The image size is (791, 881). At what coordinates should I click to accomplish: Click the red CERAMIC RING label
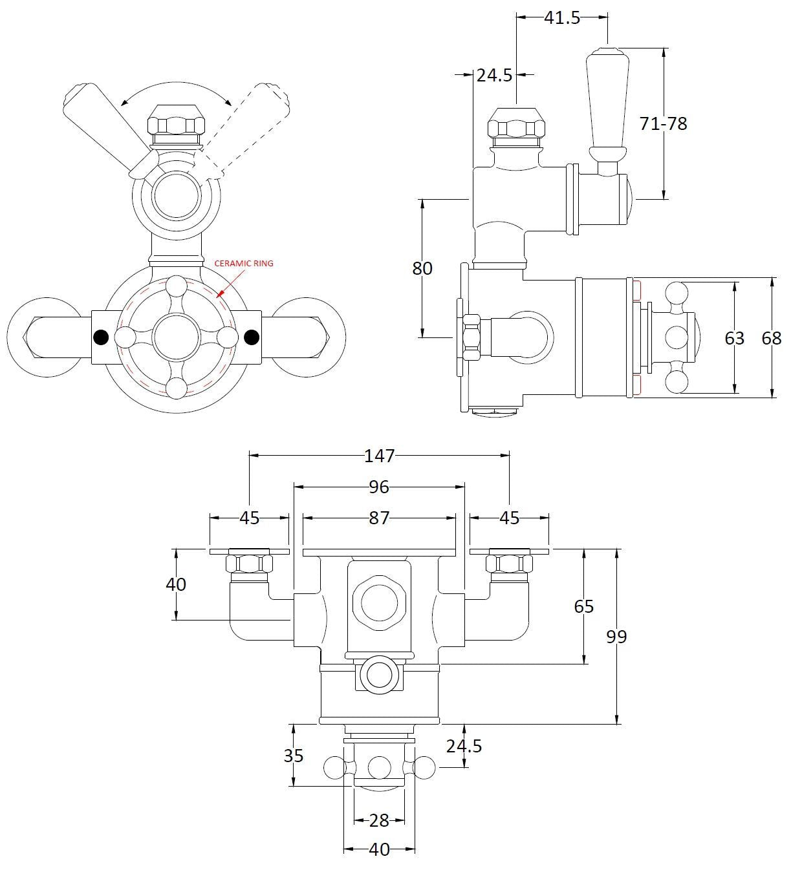(244, 263)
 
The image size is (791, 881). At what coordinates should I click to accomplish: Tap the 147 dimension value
(379, 456)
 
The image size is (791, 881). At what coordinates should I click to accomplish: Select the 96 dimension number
(379, 487)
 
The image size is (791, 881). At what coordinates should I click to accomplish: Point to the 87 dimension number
(379, 518)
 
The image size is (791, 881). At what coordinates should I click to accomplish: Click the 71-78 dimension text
(663, 123)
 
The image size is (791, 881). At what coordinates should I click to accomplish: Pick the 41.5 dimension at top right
(561, 17)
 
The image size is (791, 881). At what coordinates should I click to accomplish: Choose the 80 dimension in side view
(422, 268)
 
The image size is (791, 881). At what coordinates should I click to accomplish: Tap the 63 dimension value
(734, 337)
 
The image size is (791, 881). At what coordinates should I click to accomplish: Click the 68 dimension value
(771, 337)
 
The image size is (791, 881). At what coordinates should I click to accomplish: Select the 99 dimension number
(616, 637)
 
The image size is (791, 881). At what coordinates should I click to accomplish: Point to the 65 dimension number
(583, 606)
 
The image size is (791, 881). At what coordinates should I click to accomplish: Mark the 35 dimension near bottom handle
(294, 755)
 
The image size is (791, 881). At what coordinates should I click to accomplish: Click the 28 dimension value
(379, 820)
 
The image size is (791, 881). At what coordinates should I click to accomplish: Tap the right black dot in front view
(252, 337)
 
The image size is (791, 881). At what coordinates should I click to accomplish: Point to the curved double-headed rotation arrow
(176, 84)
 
